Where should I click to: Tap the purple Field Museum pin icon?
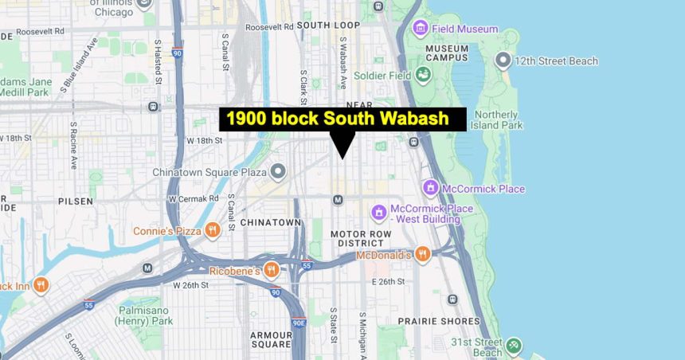pyautogui.click(x=420, y=29)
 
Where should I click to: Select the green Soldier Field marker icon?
pyautogui.click(x=423, y=75)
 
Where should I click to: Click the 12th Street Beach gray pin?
pyautogui.click(x=503, y=60)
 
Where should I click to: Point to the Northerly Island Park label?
pyautogui.click(x=496, y=119)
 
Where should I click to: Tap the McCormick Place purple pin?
pyautogui.click(x=431, y=188)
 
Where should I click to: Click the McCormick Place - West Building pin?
pyautogui.click(x=379, y=213)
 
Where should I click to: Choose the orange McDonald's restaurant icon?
pyautogui.click(x=422, y=254)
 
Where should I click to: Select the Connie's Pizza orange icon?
pyautogui.click(x=212, y=231)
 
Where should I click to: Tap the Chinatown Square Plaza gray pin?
pyautogui.click(x=277, y=171)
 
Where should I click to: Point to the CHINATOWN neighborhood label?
pyautogui.click(x=271, y=222)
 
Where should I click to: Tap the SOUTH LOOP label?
pyautogui.click(x=328, y=25)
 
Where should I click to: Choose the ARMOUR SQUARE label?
pyautogui.click(x=270, y=339)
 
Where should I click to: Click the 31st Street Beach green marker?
pyautogui.click(x=514, y=345)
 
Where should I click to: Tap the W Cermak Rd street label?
pyautogui.click(x=193, y=198)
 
